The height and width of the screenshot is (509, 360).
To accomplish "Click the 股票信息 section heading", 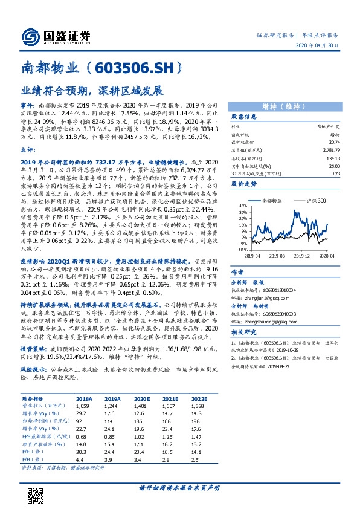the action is tap(245, 117).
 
